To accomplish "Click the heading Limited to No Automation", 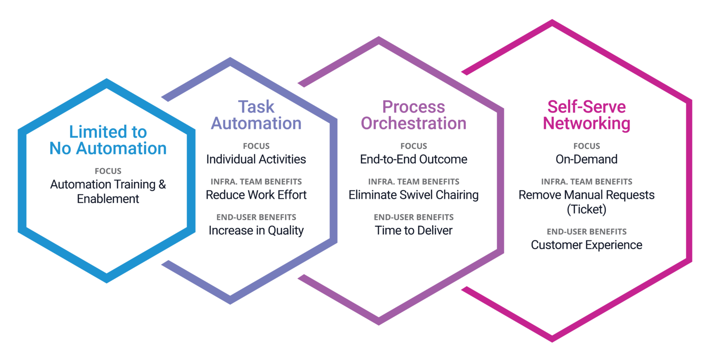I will click(108, 140).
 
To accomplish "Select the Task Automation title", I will click(256, 115).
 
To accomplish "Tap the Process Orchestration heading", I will click(413, 115).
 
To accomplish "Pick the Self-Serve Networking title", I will click(587, 115).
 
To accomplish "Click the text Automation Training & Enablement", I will click(108, 191).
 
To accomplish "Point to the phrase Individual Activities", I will click(256, 159).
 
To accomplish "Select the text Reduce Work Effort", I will click(256, 195).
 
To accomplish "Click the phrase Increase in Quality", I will click(256, 230).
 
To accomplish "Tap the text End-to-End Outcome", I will click(413, 159).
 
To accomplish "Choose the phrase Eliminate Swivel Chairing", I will click(413, 195).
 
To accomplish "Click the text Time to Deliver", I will click(413, 230).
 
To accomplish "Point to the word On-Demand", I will click(587, 159).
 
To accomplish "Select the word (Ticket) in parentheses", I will click(587, 210).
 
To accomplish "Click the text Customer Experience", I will click(587, 244).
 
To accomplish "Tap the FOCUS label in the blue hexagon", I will click(108, 171).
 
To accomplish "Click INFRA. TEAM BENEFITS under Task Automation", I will click(256, 182).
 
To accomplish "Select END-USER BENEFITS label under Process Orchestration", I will click(413, 217).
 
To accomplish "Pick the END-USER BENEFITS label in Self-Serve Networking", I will click(587, 232).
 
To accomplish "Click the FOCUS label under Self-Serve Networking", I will click(587, 146).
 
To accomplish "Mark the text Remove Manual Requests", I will click(587, 195).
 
